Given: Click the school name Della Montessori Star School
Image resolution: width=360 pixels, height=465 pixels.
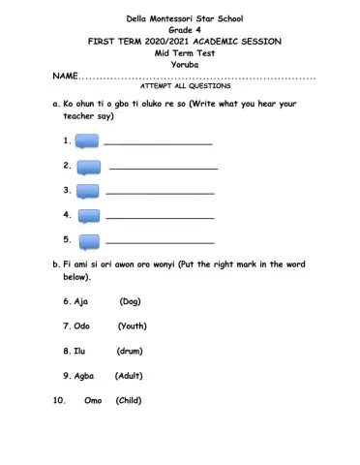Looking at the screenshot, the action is [181, 19].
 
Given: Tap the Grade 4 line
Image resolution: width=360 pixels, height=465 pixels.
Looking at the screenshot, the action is [181, 31].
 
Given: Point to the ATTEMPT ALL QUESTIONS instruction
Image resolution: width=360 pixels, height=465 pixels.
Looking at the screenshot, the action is [181, 86].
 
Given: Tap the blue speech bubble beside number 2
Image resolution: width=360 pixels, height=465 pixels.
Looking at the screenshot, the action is [88, 167].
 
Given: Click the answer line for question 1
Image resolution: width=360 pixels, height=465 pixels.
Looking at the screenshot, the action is [158, 144].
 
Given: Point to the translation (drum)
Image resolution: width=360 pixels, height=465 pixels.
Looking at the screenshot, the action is [130, 351].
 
